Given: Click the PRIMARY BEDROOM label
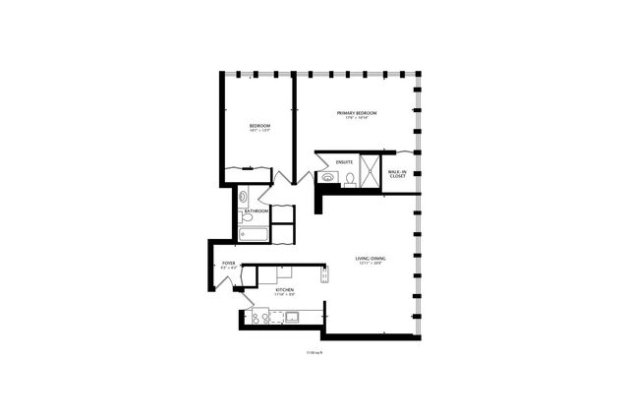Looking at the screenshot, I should [x=357, y=114].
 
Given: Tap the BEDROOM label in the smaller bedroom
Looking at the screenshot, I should [x=259, y=126].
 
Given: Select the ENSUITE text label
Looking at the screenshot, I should [x=344, y=161].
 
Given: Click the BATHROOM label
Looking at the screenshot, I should [x=257, y=211].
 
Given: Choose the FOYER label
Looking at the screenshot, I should [x=228, y=264].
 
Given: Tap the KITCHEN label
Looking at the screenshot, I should [x=285, y=291].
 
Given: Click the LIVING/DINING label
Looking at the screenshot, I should [x=371, y=260].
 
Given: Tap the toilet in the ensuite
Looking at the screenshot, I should [x=348, y=178].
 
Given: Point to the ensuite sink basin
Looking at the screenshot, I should [x=327, y=179].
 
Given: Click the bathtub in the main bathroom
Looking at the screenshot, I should [x=255, y=234].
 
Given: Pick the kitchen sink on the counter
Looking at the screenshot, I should [x=292, y=316].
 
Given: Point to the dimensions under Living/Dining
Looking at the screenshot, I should [x=371, y=265].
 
